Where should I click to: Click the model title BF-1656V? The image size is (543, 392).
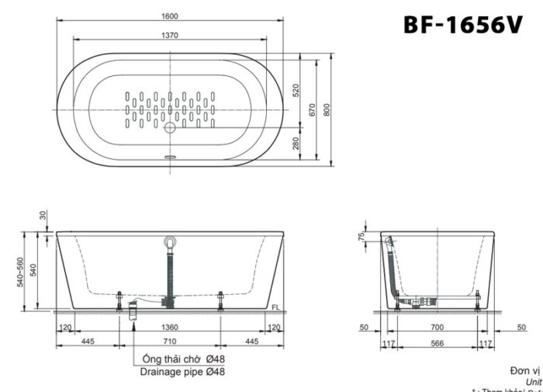point(462,25)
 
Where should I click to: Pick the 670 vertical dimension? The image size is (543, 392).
point(313,109)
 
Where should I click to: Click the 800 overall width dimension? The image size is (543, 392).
point(329,110)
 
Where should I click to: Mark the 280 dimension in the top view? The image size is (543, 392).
point(296,144)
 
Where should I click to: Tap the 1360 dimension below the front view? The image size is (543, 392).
point(170,328)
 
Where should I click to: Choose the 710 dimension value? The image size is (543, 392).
point(170,341)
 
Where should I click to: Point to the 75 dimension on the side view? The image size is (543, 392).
point(362,238)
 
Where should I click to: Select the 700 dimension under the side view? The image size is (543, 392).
point(438,328)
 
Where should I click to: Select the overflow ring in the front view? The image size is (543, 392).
point(170,239)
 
